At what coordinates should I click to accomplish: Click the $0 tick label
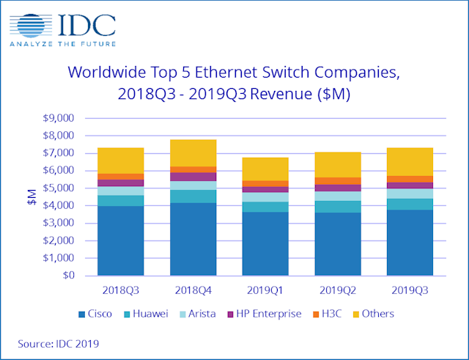click(67, 276)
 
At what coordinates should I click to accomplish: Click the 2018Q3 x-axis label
click(120, 289)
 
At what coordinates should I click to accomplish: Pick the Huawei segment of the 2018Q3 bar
click(120, 200)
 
